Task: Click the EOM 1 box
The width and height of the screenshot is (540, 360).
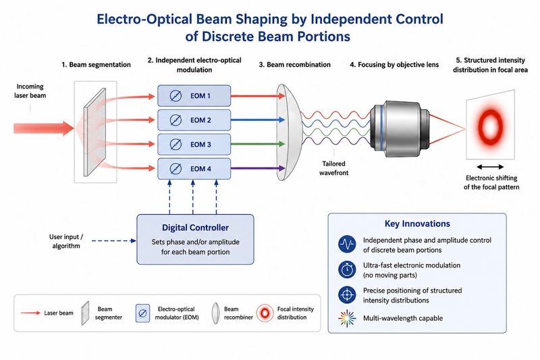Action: click(x=194, y=96)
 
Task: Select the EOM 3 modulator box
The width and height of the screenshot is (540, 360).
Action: click(x=194, y=145)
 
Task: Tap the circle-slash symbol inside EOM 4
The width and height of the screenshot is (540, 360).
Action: click(x=175, y=169)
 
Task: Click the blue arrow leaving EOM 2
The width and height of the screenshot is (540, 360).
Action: click(x=258, y=120)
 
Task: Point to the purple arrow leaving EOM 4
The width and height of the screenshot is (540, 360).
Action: click(x=258, y=168)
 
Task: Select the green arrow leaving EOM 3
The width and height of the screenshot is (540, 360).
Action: click(x=258, y=144)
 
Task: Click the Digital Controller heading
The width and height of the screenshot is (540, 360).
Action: click(x=195, y=228)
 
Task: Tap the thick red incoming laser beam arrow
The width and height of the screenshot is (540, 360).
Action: click(x=44, y=128)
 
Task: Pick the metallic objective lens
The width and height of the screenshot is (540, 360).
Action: click(x=400, y=128)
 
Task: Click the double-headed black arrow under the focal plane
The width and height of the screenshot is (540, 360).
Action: click(x=490, y=167)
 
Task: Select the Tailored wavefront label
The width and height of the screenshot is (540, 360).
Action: click(x=333, y=168)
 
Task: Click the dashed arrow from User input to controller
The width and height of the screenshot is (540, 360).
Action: click(x=114, y=241)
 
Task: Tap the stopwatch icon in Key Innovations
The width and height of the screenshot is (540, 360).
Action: click(x=347, y=269)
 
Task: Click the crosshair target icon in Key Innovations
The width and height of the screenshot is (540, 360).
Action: click(x=347, y=295)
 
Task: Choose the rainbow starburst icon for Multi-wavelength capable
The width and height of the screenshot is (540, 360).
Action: click(x=347, y=318)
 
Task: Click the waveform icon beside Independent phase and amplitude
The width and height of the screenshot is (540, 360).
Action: click(x=347, y=245)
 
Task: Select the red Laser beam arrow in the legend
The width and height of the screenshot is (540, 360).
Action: click(x=30, y=313)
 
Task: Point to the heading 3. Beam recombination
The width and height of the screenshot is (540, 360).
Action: click(x=295, y=64)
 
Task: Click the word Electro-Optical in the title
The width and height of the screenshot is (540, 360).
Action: click(x=144, y=20)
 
